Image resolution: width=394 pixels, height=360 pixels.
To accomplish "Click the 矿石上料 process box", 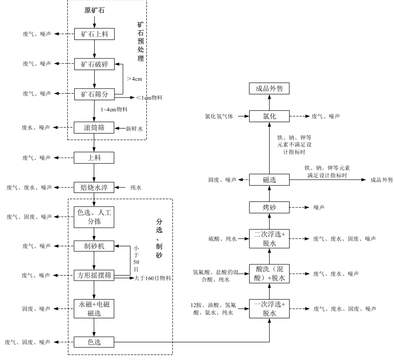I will click(94, 34).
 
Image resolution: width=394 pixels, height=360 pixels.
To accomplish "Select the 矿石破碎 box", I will click(94, 64).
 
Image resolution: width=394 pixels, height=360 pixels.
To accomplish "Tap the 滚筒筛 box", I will click(94, 128).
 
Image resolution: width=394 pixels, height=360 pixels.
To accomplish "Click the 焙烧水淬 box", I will click(94, 187).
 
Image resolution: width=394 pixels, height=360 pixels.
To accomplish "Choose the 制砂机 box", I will click(94, 246).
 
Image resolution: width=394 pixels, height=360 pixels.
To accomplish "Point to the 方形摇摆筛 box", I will click(94, 276).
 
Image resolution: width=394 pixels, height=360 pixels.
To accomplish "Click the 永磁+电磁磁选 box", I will click(94, 309).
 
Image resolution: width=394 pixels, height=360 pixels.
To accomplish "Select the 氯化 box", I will click(270, 116).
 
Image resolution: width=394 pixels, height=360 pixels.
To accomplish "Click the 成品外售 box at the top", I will click(270, 88).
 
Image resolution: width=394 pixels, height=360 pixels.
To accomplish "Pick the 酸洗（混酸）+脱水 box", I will click(270, 274).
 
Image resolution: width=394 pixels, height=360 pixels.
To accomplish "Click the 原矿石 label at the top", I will click(94, 10).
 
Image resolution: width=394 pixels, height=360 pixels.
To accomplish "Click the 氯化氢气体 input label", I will click(220, 116).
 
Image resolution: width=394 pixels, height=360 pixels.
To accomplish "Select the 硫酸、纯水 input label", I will click(223, 239).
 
